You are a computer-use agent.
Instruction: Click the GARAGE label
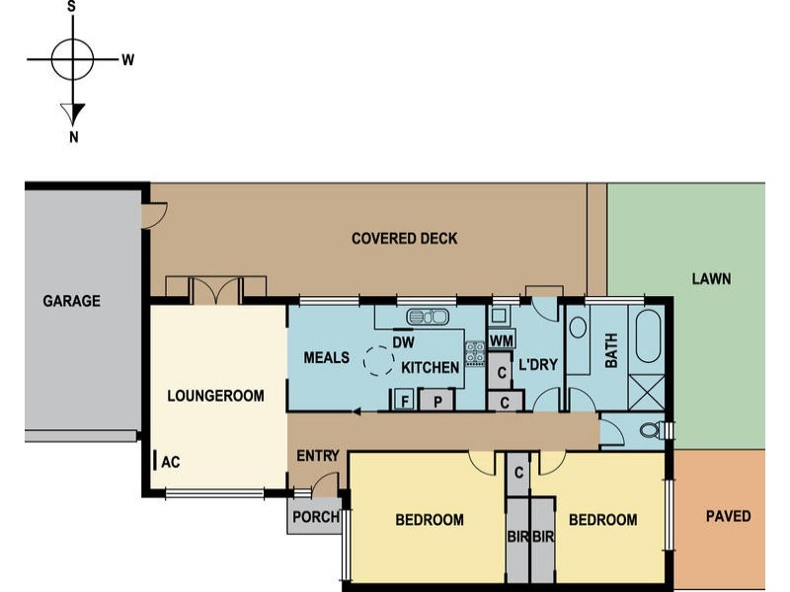(x=71, y=301)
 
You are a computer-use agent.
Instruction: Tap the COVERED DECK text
(x=405, y=238)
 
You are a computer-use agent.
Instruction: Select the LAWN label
(x=711, y=279)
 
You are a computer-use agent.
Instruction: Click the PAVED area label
(x=728, y=516)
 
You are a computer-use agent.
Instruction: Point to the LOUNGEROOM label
(x=215, y=396)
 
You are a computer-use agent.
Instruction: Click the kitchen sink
(x=428, y=317)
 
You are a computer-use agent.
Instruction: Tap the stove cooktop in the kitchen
(x=475, y=353)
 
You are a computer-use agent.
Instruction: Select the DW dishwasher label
(x=403, y=342)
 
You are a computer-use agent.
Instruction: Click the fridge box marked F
(x=404, y=400)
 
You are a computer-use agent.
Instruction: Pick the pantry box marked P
(x=437, y=401)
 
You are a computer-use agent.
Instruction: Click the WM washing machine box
(x=502, y=340)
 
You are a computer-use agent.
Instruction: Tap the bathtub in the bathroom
(x=648, y=335)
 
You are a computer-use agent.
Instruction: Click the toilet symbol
(x=652, y=430)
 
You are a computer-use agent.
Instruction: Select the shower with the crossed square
(x=647, y=392)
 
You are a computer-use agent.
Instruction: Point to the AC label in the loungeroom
(x=170, y=462)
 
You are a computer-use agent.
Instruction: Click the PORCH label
(x=316, y=516)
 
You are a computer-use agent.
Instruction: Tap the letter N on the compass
(x=73, y=137)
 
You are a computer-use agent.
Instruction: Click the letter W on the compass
(x=128, y=60)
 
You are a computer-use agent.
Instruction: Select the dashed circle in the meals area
(x=378, y=361)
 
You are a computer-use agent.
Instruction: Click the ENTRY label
(x=317, y=456)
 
